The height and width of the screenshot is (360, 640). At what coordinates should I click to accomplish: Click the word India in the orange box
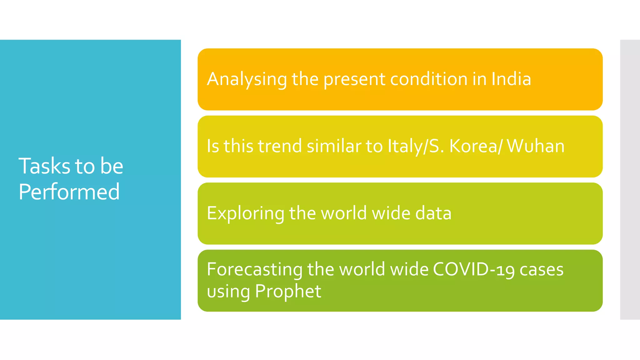(511, 79)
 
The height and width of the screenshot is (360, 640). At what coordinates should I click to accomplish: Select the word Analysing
(247, 79)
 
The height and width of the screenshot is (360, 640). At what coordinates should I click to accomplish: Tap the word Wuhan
(535, 146)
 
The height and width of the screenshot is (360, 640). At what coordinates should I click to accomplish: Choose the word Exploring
(245, 213)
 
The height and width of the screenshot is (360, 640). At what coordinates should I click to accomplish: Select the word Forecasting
(254, 269)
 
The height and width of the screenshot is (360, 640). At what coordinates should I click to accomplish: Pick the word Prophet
(288, 291)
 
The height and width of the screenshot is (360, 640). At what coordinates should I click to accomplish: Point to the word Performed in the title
(69, 192)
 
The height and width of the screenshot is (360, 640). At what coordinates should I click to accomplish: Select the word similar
(333, 146)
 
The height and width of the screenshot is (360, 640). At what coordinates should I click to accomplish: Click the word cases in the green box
(541, 269)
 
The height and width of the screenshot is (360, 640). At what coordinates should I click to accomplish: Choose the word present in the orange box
(354, 79)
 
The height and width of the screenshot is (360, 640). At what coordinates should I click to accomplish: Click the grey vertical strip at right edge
(630, 180)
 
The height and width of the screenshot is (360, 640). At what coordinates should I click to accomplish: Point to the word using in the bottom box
(228, 292)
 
